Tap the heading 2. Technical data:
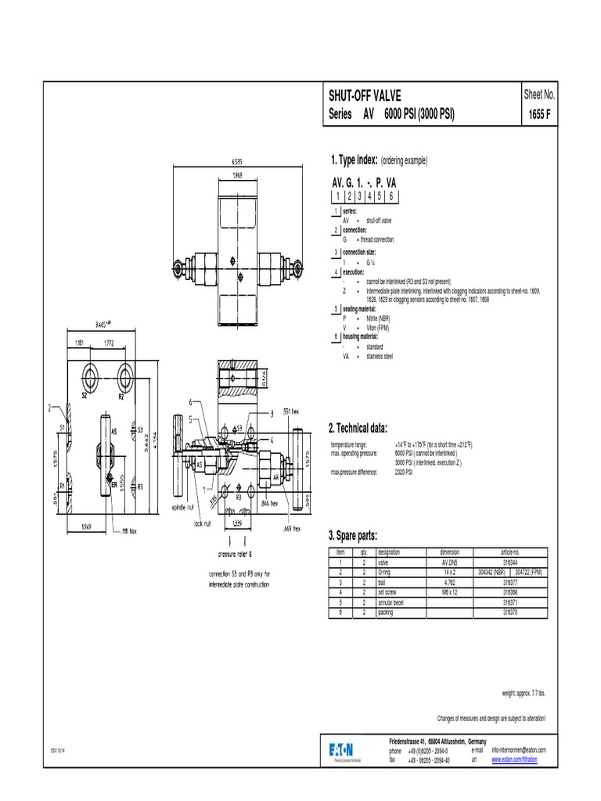click(359, 427)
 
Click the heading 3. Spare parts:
click(354, 535)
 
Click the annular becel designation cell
click(395, 603)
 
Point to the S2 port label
click(84, 397)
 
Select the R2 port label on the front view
click(121, 397)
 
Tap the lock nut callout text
click(201, 523)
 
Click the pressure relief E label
click(239, 553)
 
